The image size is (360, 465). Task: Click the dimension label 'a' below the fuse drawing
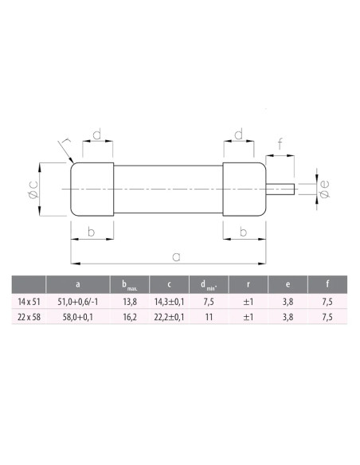click(x=176, y=256)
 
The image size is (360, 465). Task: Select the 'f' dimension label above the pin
click(x=281, y=146)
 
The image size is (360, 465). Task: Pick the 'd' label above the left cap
click(x=96, y=136)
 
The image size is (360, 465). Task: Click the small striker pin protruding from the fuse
click(x=284, y=190)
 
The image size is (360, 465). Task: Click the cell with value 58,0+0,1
click(x=76, y=318)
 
